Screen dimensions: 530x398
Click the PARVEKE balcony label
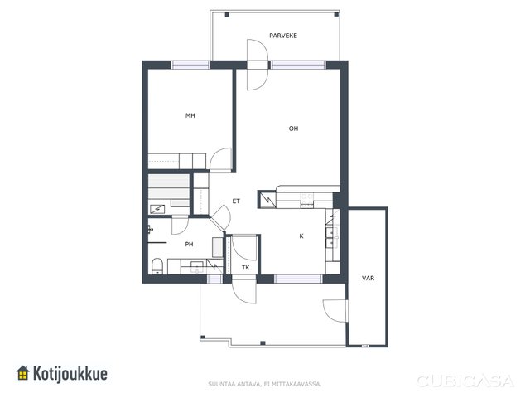point(283,36)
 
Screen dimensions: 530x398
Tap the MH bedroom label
point(190,116)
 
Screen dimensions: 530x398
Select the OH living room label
point(293,129)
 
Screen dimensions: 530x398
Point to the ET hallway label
point(236,201)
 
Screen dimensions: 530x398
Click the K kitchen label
point(301,235)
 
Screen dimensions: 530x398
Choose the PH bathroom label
point(189,244)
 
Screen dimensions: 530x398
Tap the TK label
point(246,267)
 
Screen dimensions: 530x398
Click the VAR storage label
point(368,279)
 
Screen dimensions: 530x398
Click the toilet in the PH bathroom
point(157,266)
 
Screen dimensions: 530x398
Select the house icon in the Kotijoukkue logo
point(23,373)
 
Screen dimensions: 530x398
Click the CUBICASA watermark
point(465,381)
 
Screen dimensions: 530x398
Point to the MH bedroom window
point(190,65)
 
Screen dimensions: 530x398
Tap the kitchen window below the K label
point(298,279)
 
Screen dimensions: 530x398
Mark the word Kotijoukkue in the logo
point(70,374)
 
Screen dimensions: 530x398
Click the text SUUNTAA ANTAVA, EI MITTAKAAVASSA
point(265,384)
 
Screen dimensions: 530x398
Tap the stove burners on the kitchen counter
point(307,200)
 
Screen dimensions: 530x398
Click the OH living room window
point(298,65)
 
